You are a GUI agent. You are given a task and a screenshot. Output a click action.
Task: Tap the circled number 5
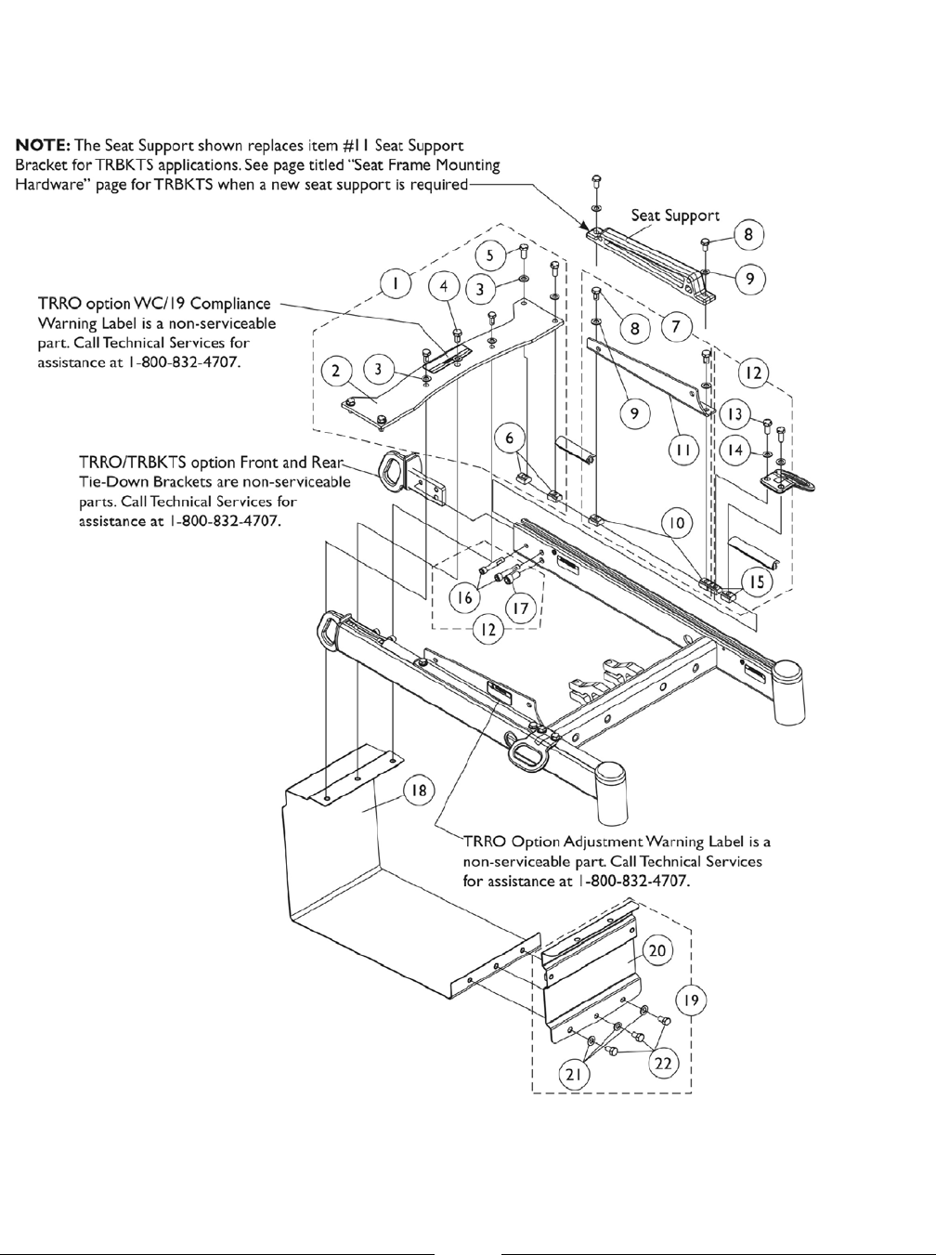(x=493, y=255)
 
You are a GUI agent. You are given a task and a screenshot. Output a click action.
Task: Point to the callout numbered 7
(x=677, y=327)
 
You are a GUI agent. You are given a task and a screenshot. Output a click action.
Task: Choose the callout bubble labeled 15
(x=757, y=582)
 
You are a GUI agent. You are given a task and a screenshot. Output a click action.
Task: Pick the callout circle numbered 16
(x=461, y=596)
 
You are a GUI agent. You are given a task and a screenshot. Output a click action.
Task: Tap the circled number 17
(x=520, y=609)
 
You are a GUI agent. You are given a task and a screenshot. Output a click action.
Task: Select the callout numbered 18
(x=420, y=791)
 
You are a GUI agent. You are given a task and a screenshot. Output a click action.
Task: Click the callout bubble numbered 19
(x=688, y=1000)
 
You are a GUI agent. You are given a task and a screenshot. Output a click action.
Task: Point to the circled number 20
(x=657, y=951)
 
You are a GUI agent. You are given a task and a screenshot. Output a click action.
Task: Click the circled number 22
(x=662, y=1065)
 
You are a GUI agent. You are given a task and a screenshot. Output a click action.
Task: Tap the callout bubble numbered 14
(x=736, y=451)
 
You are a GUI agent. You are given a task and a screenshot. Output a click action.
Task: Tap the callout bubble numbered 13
(x=736, y=413)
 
